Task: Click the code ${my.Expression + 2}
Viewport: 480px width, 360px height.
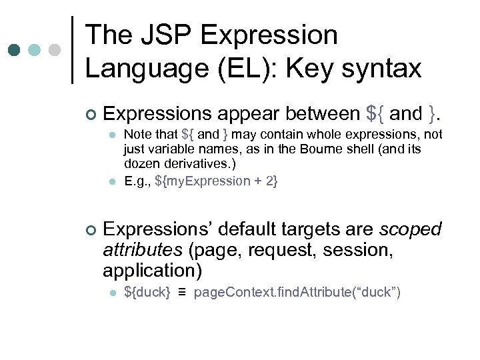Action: point(217,181)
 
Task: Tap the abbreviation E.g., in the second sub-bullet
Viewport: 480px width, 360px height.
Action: point(137,181)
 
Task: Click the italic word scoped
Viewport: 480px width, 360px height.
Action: point(410,229)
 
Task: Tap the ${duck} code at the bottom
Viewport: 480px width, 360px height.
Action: point(147,293)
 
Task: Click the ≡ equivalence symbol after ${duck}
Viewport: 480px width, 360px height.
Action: point(182,293)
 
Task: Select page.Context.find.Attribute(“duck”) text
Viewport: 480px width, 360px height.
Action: point(297,293)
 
